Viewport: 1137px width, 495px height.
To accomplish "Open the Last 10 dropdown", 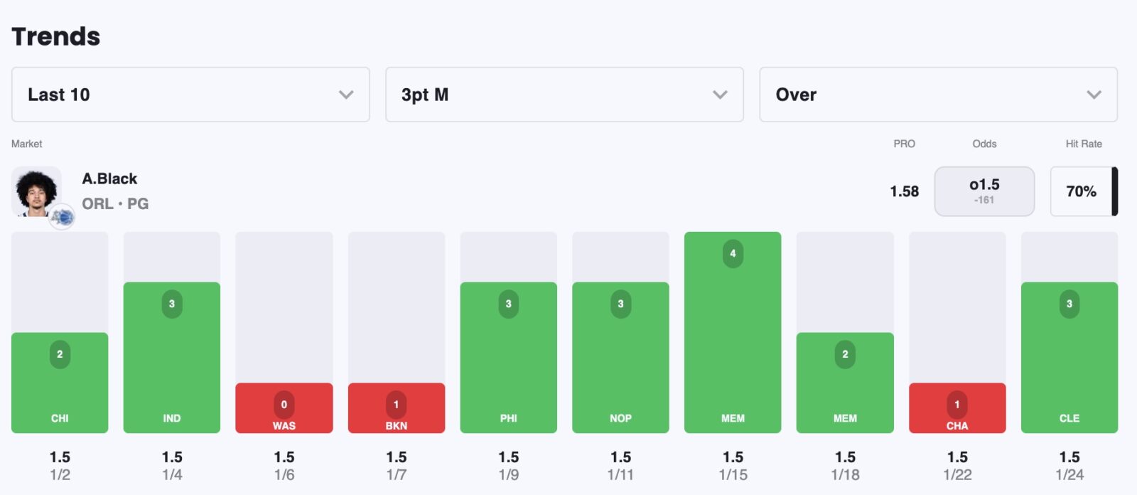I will (x=190, y=95).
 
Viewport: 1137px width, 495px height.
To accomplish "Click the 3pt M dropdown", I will (x=564, y=95).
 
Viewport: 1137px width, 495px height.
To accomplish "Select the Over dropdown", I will (x=938, y=95).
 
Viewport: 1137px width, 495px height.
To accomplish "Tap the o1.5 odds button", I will (x=984, y=191).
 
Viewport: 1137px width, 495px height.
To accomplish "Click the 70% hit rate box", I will (x=1081, y=191).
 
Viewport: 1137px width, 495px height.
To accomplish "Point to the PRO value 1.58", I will (x=904, y=191).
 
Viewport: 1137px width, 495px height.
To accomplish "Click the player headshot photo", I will (x=36, y=191).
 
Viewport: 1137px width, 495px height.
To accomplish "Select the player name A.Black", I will (x=109, y=179).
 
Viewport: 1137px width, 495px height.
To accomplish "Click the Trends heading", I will (x=56, y=36).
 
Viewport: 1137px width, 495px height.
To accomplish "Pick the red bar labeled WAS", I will (x=284, y=408).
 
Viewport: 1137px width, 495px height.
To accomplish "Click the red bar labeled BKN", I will (x=397, y=408).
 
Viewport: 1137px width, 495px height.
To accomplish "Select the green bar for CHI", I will (x=60, y=383).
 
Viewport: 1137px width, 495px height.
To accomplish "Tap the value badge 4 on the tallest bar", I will (x=733, y=254).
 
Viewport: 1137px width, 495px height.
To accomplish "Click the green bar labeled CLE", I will (x=1069, y=357).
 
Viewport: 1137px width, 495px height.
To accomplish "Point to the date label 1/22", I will (x=957, y=475).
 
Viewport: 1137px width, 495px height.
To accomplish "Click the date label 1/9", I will (x=509, y=475).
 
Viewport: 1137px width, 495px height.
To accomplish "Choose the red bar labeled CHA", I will (x=957, y=408).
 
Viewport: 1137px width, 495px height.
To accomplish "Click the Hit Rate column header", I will (x=1084, y=144).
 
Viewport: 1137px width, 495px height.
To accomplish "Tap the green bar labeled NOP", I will (x=620, y=357).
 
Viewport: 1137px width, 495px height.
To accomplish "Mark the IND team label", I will (x=172, y=418).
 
